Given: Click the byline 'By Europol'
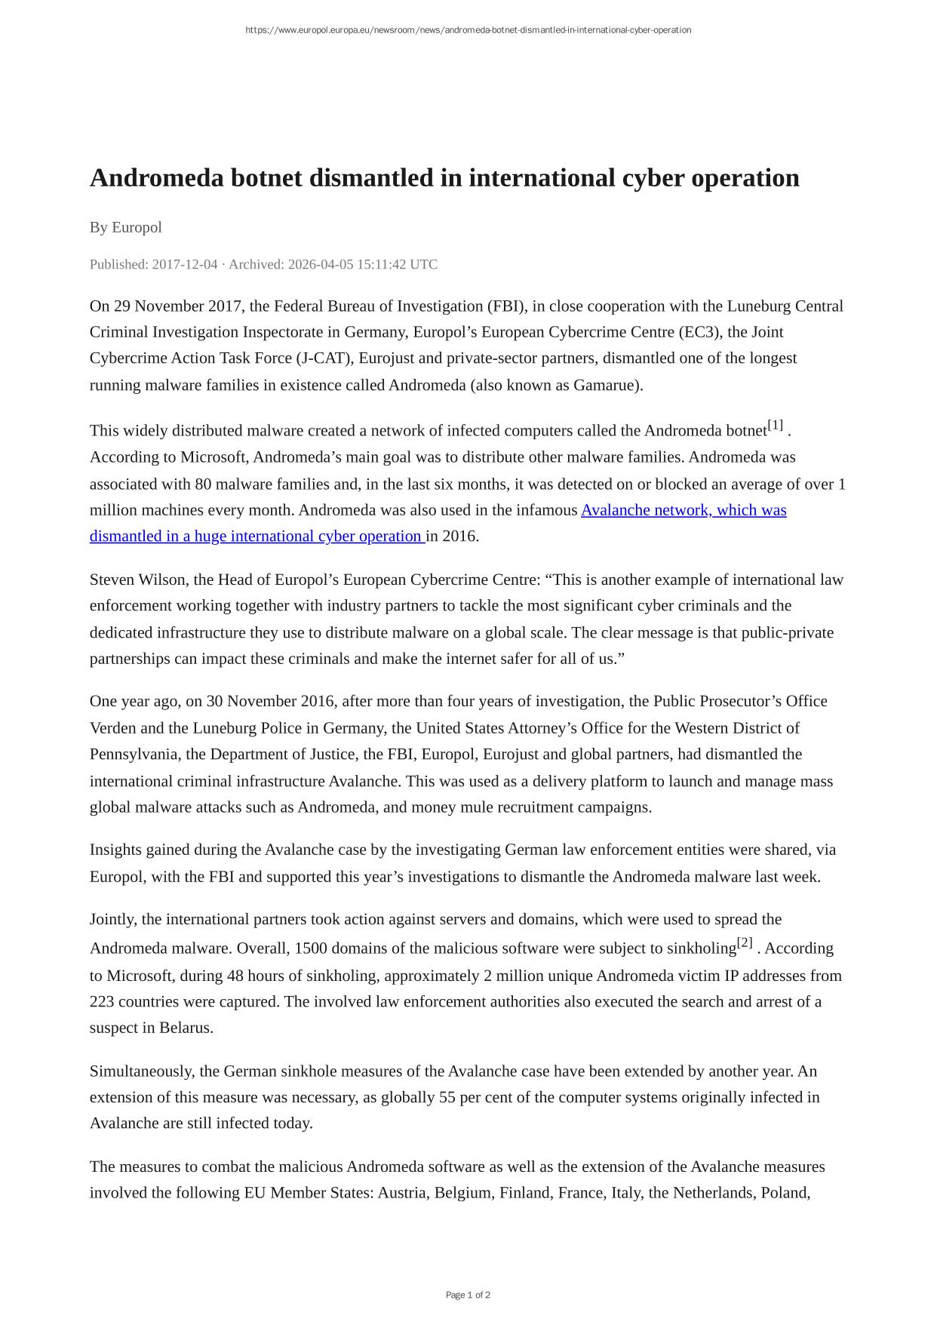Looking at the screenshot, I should click(x=125, y=227).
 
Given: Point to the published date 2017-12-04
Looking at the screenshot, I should click(x=185, y=264).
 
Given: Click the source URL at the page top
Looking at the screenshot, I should click(x=468, y=30).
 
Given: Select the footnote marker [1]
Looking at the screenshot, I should click(x=776, y=425).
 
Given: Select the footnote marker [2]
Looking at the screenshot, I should click(x=745, y=942).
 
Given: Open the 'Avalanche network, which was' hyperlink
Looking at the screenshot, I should click(x=684, y=510).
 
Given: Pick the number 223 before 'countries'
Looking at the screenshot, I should click(x=103, y=1001).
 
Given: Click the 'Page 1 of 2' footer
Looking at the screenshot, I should click(x=468, y=1295).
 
